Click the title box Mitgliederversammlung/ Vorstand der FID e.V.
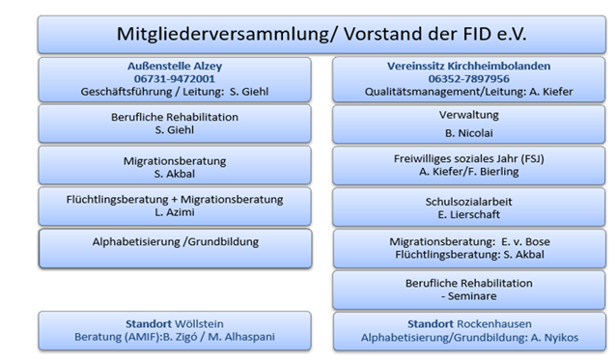[322, 34]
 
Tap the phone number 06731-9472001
[175, 78]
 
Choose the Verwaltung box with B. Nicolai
[469, 124]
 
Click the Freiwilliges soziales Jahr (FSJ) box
[469, 165]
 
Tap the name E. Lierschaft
[469, 214]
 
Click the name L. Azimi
[175, 212]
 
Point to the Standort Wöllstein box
[175, 330]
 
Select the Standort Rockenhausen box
[469, 330]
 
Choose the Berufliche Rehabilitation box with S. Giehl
[175, 124]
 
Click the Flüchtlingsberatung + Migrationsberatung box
[175, 206]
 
